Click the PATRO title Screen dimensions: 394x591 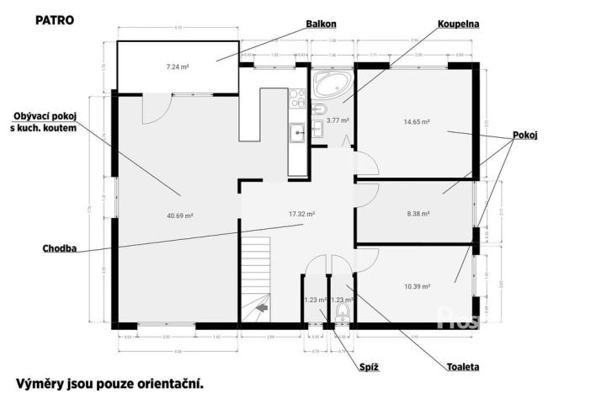pyautogui.click(x=54, y=18)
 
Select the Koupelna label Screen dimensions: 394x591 pyautogui.click(x=458, y=24)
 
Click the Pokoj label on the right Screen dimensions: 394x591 pyautogui.click(x=524, y=136)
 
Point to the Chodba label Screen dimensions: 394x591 pyautogui.click(x=60, y=248)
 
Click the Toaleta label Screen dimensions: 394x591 pyautogui.click(x=462, y=367)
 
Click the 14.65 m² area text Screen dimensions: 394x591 pyautogui.click(x=417, y=122)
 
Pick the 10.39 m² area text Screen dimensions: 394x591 pyautogui.click(x=417, y=286)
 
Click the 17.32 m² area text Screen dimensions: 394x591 pyautogui.click(x=301, y=214)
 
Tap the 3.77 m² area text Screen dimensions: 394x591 pyautogui.click(x=337, y=120)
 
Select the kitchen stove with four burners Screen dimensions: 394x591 pyautogui.click(x=297, y=99)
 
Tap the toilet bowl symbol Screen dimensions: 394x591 pyautogui.click(x=341, y=313)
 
